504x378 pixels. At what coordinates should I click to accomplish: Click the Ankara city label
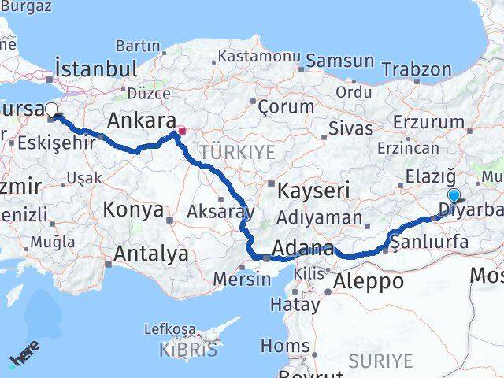[x=141, y=121]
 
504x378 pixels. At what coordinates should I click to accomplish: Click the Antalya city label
[x=151, y=254]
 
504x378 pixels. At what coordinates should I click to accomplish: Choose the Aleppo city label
[x=369, y=281]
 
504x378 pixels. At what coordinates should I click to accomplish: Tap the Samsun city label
[x=340, y=61]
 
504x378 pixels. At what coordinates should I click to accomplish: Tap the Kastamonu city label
[x=259, y=57]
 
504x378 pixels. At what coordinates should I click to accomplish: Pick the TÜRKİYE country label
[x=238, y=152]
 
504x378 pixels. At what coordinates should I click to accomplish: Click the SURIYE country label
[x=381, y=361]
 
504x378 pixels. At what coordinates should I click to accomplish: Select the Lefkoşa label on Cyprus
[x=169, y=328]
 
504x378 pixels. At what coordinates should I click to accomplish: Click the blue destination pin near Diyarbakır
[x=454, y=196]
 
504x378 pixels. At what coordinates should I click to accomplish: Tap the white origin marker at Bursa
[x=51, y=109]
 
